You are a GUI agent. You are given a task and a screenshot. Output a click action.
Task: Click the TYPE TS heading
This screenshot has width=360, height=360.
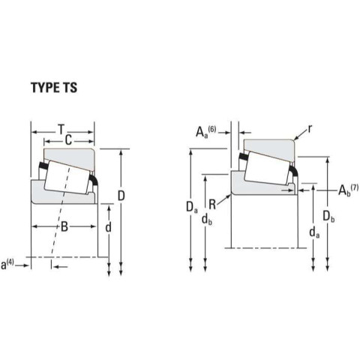click(54, 88)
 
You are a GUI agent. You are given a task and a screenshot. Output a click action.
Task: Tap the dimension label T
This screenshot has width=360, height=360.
click(61, 129)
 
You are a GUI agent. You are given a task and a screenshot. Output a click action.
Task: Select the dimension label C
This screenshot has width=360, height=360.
click(68, 140)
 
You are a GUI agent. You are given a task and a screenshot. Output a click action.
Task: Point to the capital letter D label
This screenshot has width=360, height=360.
click(121, 196)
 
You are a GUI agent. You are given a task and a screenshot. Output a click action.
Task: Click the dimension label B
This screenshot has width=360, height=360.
click(64, 226)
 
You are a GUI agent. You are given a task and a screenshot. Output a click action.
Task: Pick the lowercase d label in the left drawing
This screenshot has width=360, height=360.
click(108, 227)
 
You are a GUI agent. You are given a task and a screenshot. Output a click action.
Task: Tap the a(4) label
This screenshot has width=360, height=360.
click(7, 265)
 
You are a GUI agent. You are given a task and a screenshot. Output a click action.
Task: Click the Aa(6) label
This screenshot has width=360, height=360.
click(205, 132)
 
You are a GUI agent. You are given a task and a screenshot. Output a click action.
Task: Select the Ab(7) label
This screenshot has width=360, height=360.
click(349, 190)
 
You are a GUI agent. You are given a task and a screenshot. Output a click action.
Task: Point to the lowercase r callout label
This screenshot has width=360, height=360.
click(310, 129)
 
